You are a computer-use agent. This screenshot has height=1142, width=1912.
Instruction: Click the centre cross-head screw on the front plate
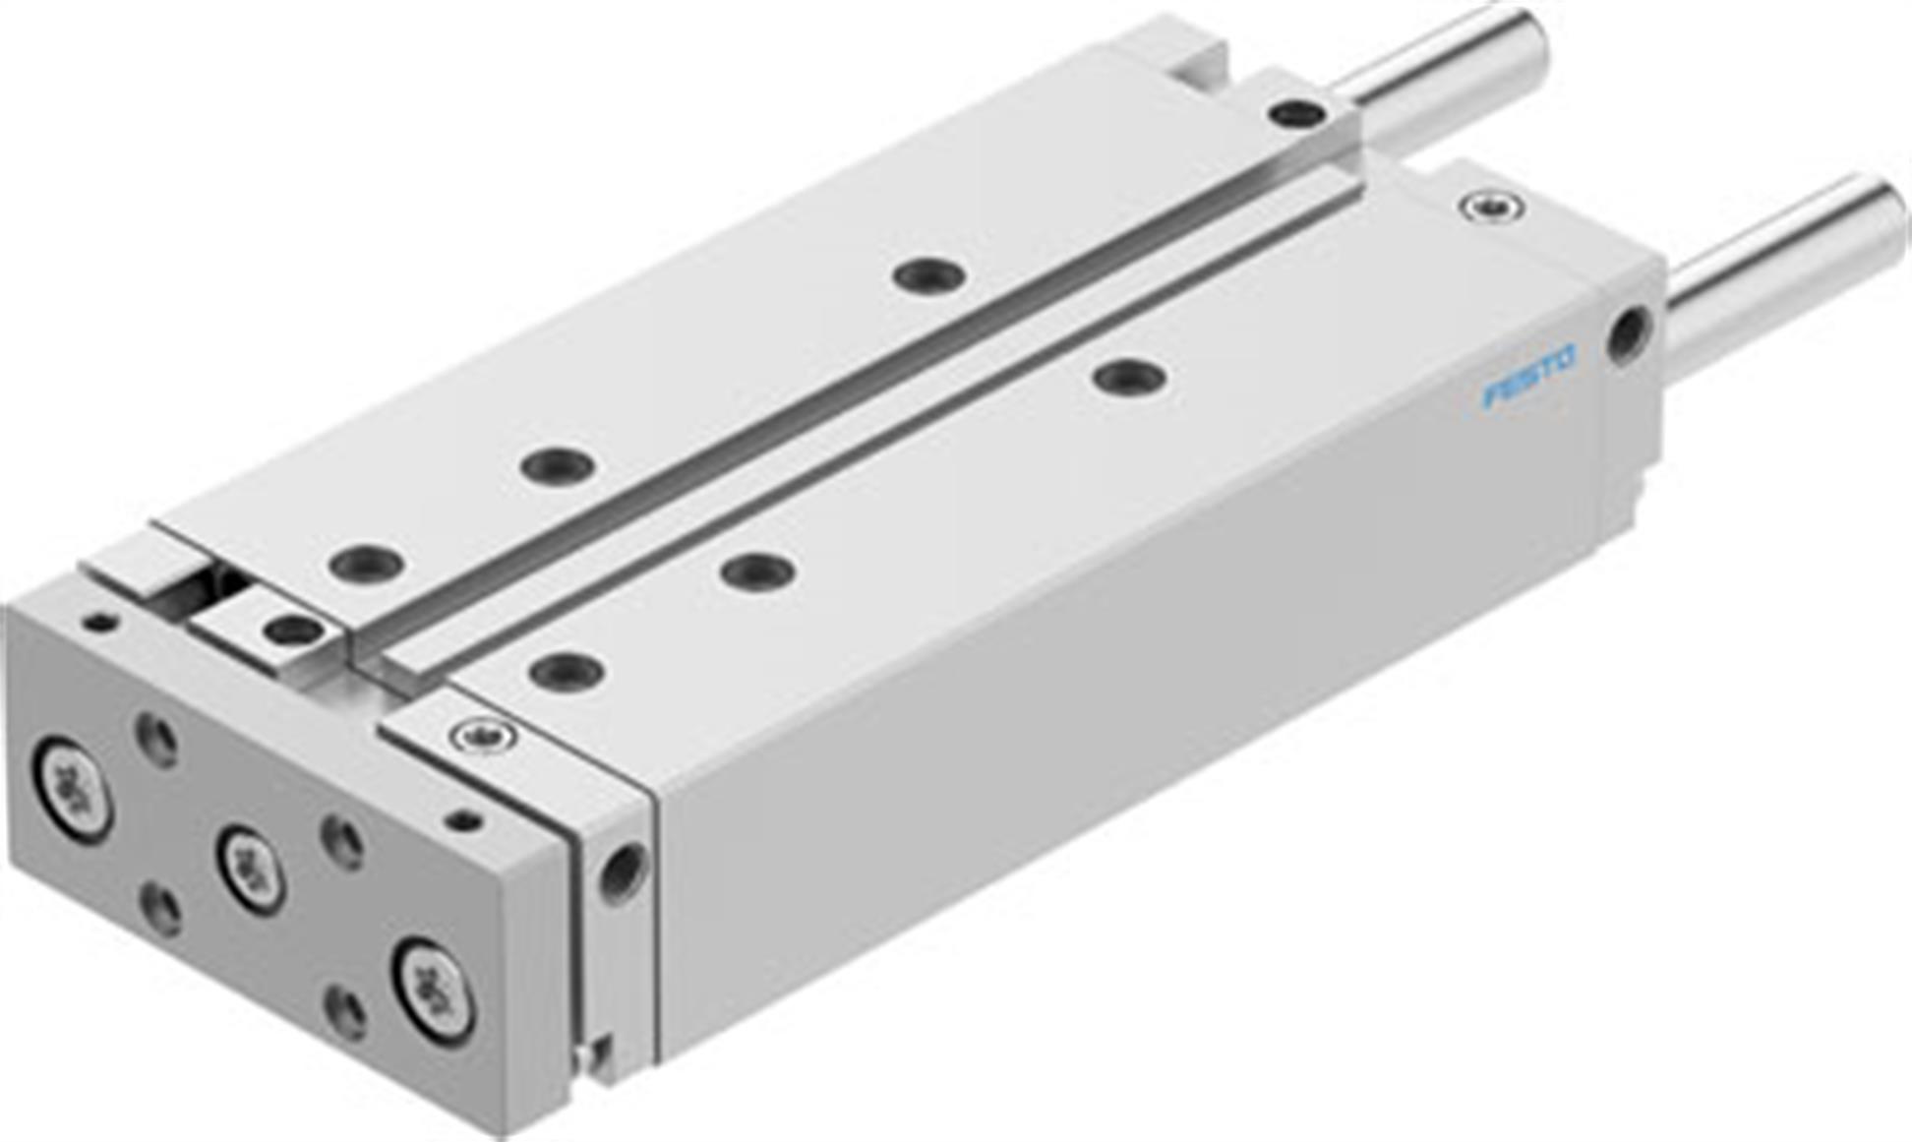pyautogui.click(x=252, y=870)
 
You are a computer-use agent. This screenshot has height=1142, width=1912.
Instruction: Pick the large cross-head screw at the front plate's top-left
pyautogui.click(x=73, y=787)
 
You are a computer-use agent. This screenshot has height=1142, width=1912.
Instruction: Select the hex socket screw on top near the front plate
pyautogui.click(x=483, y=735)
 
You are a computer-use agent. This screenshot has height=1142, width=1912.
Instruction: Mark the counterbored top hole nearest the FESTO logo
pyautogui.click(x=1130, y=376)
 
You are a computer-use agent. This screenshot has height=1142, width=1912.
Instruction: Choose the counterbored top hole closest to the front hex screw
pyautogui.click(x=567, y=672)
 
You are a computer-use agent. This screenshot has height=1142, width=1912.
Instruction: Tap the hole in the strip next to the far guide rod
pyautogui.click(x=1295, y=114)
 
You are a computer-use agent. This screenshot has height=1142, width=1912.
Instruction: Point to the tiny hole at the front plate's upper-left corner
pyautogui.click(x=100, y=623)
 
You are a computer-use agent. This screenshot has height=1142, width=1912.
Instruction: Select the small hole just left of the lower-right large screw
pyautogui.click(x=345, y=1012)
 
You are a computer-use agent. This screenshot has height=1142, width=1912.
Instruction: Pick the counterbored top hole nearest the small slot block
pyautogui.click(x=366, y=565)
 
